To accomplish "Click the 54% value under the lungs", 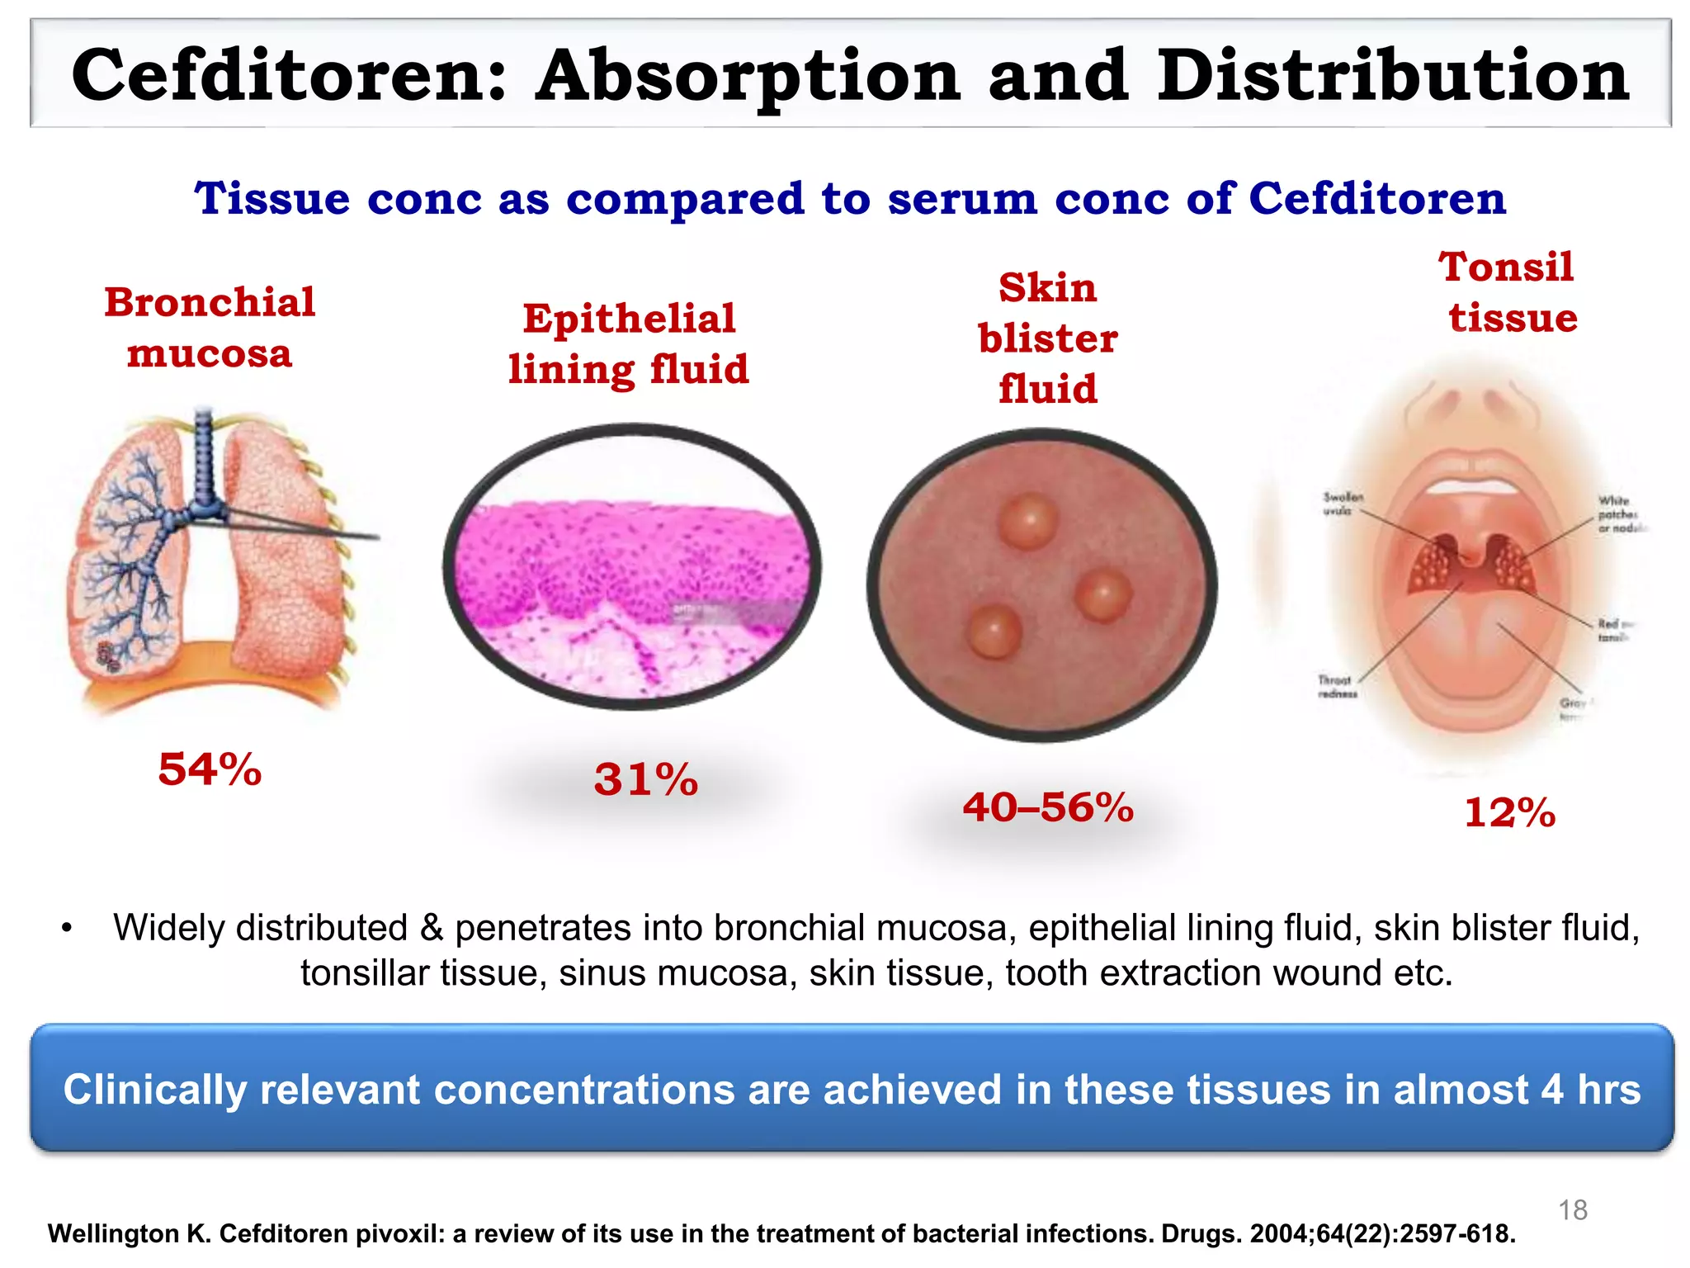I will coord(210,769).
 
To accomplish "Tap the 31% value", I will coord(645,779).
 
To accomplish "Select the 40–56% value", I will coord(1048,807).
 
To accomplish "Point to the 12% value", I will coord(1509,812).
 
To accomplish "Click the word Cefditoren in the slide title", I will coord(289,76).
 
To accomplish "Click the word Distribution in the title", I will coord(1393,76).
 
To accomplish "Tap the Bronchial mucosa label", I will coord(210,328).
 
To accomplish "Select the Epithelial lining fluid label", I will coord(629,343).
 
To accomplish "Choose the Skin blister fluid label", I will coord(1048,338).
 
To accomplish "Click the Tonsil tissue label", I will coord(1508,292).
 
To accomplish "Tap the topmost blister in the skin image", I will coord(1027,521).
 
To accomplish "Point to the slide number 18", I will coord(1573,1210).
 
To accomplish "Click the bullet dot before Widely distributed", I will coord(67,929).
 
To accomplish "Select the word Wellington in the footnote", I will coord(115,1234).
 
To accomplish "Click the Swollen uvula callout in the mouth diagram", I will coord(1342,504).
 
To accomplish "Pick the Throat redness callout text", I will coord(1336,687).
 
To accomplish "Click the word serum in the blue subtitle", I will coord(962,199).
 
